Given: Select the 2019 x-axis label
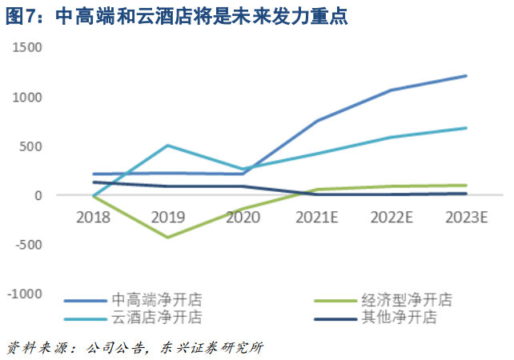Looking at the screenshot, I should click(167, 217).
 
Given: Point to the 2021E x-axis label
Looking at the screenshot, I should click(317, 217).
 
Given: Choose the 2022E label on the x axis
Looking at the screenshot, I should click(392, 217).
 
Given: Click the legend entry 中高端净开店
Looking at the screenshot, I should click(156, 301).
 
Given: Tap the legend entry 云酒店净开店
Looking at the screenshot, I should click(156, 317).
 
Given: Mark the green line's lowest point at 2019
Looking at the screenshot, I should click(167, 237).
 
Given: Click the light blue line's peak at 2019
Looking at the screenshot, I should click(167, 145).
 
